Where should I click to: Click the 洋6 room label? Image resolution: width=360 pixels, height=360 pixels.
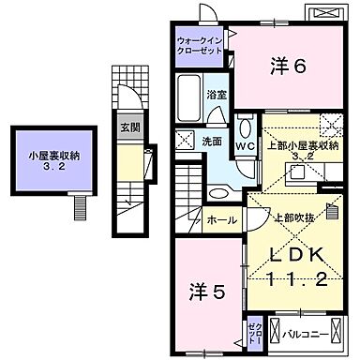[x=290, y=66]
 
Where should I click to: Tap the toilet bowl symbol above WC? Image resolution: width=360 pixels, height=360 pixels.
[x=247, y=127]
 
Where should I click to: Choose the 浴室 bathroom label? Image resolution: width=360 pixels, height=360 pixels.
[x=216, y=96]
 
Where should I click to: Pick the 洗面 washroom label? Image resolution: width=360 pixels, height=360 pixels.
[x=211, y=142]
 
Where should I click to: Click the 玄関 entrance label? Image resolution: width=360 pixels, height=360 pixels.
[x=130, y=127]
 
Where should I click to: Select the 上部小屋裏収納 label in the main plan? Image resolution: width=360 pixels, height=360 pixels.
[x=303, y=145]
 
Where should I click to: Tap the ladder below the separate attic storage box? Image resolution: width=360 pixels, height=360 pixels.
[x=80, y=205]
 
